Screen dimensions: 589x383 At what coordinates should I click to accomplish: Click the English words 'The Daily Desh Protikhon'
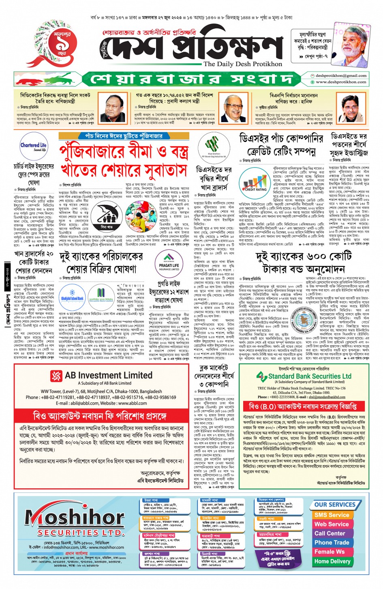[243, 64]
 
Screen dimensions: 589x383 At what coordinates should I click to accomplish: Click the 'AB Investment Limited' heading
[109, 375]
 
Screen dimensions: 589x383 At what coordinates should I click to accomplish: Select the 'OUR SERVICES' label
[335, 505]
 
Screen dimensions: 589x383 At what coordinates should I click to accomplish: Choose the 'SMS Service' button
[332, 515]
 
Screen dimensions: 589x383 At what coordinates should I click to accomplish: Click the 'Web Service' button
[332, 524]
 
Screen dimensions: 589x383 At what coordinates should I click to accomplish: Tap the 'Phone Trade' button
[332, 543]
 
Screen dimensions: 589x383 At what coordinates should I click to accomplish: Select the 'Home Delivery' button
[332, 561]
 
